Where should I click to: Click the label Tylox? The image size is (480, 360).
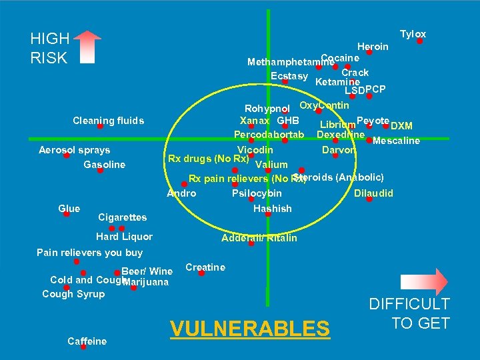(413, 34)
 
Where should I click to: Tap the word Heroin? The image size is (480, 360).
(373, 47)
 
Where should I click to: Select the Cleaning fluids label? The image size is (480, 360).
(108, 121)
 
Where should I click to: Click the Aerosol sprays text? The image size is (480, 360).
(74, 150)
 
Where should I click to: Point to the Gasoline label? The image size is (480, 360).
(104, 165)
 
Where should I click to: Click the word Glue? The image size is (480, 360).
(69, 209)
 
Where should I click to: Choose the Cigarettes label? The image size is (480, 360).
(122, 217)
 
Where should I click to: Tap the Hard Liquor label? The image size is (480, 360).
(124, 237)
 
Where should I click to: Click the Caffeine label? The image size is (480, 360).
(87, 341)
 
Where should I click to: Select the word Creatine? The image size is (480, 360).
(205, 267)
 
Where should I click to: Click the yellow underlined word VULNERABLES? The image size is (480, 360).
(250, 329)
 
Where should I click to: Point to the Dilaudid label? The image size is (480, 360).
(373, 193)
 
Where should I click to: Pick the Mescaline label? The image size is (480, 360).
(396, 141)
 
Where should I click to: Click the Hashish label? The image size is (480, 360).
(273, 209)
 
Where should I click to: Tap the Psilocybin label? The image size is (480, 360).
(257, 193)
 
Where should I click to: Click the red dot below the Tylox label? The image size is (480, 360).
(419, 41)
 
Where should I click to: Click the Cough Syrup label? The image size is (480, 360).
(73, 294)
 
